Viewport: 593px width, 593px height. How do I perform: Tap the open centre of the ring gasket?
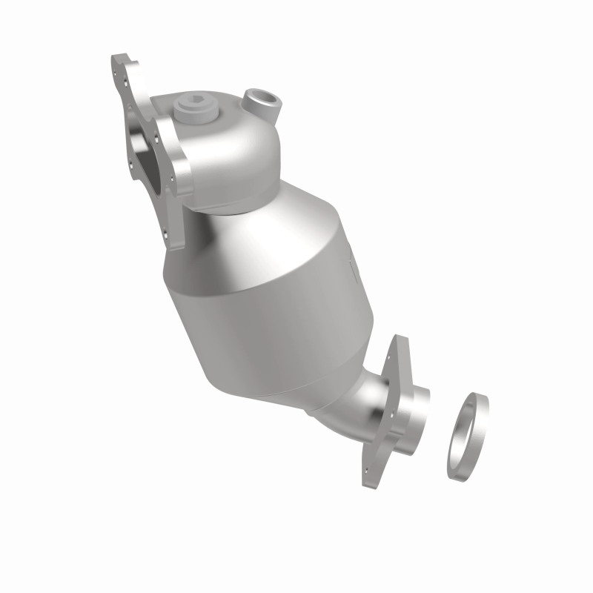coord(467,437)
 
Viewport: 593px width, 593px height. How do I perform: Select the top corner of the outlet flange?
coord(400,342)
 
